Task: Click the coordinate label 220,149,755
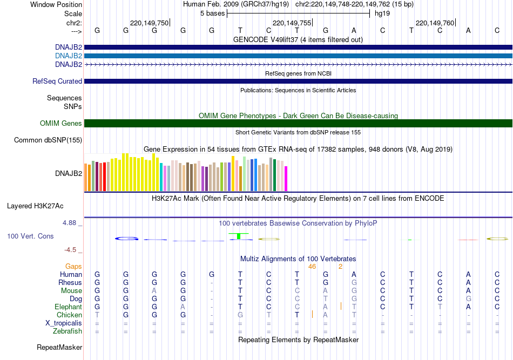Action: [x=292, y=23]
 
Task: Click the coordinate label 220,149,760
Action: [x=435, y=23]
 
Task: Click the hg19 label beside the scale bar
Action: [x=382, y=13]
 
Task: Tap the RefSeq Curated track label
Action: [x=57, y=81]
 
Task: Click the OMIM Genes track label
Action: [x=61, y=124]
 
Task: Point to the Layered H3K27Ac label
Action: [x=35, y=206]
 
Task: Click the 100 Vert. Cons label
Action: [x=30, y=236]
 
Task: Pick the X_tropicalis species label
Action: [x=64, y=323]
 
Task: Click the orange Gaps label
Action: [x=73, y=266]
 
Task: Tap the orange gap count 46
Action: [x=312, y=266]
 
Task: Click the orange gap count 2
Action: [x=340, y=266]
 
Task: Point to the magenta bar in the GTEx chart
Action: [x=286, y=178]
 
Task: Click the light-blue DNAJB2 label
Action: [x=68, y=56]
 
